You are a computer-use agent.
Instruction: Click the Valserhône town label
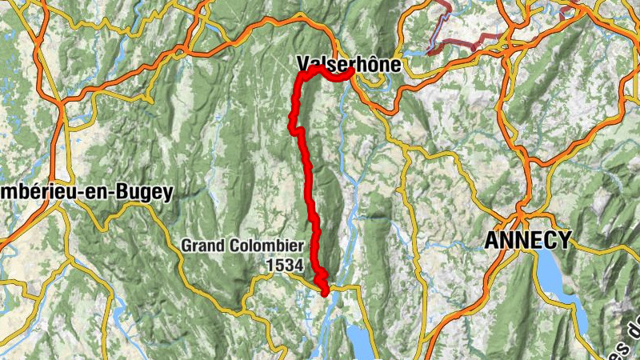(347, 63)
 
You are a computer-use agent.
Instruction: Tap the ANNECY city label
(529, 239)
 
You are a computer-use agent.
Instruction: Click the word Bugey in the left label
(147, 192)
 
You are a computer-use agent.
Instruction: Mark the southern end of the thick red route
(325, 292)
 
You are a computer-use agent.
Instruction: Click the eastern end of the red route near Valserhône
(351, 73)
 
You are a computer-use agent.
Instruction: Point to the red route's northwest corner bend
(302, 75)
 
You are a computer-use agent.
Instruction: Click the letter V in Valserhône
(302, 63)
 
